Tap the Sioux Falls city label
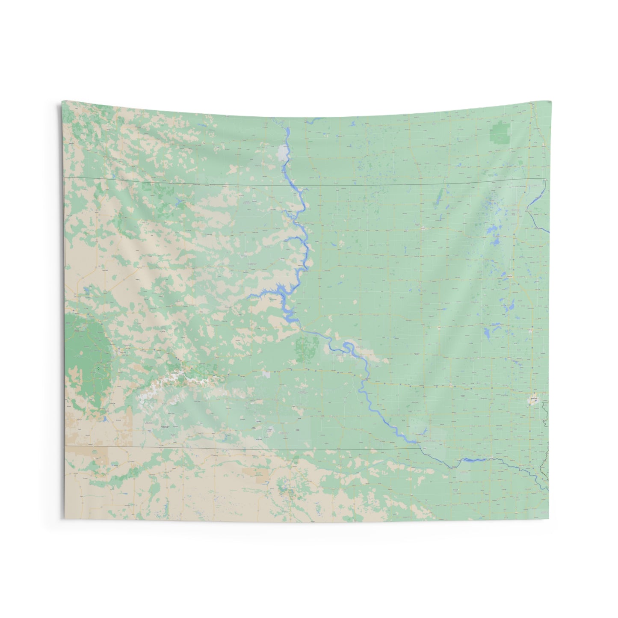[x=533, y=399]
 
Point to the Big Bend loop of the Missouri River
[x=349, y=346]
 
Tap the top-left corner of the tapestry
[x=62, y=101]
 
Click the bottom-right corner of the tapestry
[x=549, y=519]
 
